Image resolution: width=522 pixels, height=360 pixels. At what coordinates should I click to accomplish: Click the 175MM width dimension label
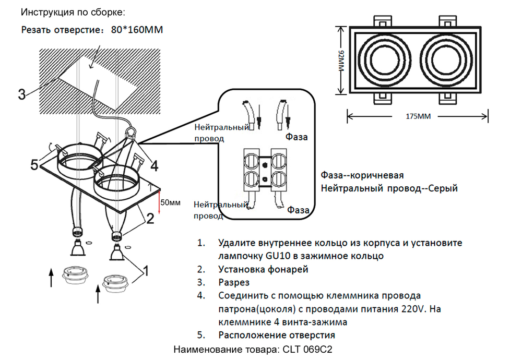coord(418,116)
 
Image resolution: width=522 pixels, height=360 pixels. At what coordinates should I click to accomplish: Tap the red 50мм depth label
coord(171,202)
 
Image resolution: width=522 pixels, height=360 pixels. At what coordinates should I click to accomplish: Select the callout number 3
coord(21,94)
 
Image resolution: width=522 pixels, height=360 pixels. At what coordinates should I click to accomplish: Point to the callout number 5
coord(34,165)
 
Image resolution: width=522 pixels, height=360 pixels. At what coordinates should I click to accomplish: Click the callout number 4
coord(154,166)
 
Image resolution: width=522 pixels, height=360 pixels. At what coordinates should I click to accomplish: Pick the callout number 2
coord(149,219)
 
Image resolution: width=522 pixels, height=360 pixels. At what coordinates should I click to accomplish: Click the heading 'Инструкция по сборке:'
coord(66,11)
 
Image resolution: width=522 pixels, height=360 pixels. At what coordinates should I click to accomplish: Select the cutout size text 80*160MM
coord(137,30)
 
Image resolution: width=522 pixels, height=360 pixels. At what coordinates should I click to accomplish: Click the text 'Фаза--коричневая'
coord(362,175)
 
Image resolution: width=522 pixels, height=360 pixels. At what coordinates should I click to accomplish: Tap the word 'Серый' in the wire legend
coord(443,188)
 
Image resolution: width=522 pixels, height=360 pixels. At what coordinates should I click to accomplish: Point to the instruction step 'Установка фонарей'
coord(263,269)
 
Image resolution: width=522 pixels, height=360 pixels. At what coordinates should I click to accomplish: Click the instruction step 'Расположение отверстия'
coord(277,335)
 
